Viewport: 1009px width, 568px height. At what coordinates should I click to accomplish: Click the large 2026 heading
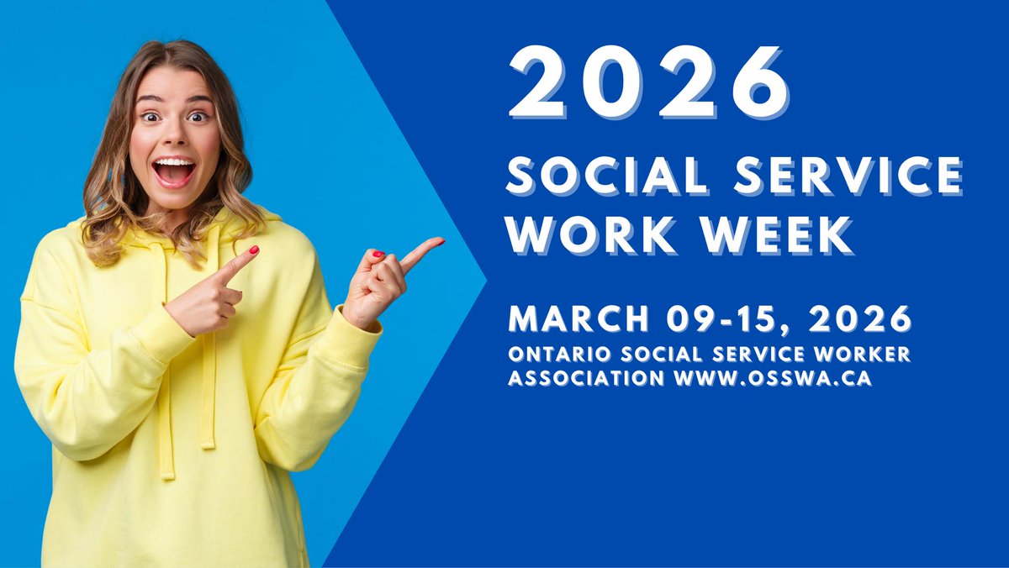(x=648, y=82)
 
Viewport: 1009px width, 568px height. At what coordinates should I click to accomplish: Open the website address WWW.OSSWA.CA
(x=773, y=379)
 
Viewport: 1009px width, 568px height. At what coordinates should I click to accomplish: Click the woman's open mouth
(x=175, y=171)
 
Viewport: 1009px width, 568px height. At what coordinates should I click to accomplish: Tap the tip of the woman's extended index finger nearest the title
(x=438, y=243)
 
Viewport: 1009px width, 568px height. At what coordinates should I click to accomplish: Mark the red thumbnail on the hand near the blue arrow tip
(x=378, y=254)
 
